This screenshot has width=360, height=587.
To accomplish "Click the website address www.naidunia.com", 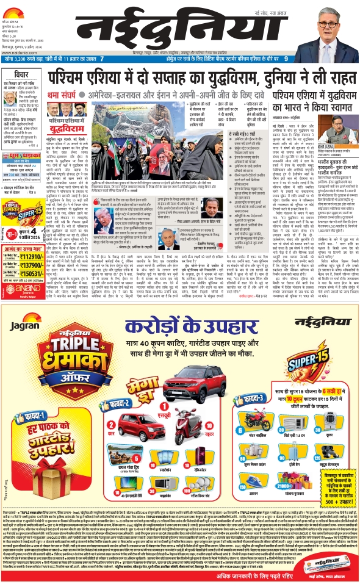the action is tap(18, 51).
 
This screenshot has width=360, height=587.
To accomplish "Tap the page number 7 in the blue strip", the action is tap(102, 59).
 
